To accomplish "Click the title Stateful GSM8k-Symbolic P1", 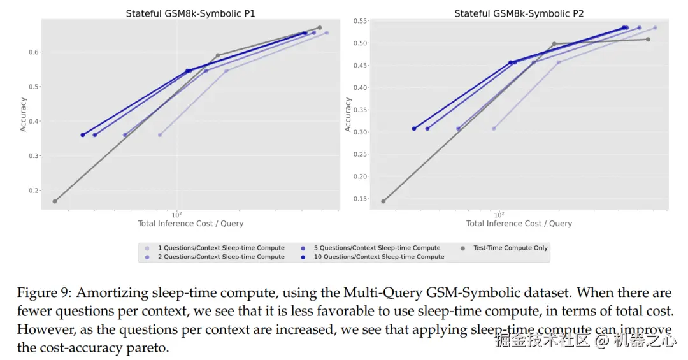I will [190, 13].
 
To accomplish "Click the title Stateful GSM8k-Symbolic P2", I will [519, 13].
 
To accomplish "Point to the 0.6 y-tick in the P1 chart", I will [33, 52].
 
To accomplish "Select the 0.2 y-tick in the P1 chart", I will [33, 191].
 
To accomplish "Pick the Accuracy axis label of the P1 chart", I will [24, 114].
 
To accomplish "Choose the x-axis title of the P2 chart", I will [519, 224].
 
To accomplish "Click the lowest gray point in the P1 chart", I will [55, 201].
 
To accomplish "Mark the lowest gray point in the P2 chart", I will [383, 201].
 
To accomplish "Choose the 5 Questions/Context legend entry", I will [376, 248].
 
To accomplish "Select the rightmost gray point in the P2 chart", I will [648, 40].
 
